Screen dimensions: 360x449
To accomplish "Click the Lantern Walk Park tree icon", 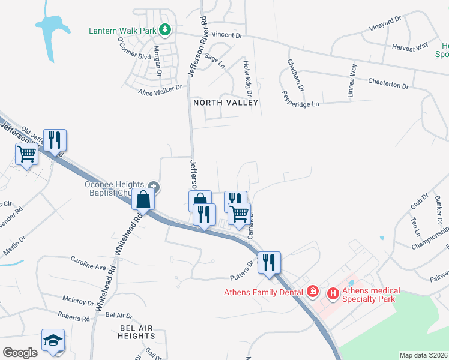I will (166, 29).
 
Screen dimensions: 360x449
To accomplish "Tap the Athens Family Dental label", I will (264, 293).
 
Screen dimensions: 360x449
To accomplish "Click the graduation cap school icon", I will (53, 341).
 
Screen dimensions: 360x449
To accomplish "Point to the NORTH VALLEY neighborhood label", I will (225, 103).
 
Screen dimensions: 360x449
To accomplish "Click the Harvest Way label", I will (409, 46).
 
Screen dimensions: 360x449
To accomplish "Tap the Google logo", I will (20, 353).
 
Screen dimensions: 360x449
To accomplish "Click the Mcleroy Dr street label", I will (80, 299).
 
